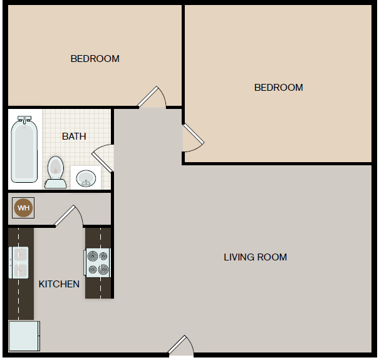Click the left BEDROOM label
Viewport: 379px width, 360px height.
pyautogui.click(x=95, y=59)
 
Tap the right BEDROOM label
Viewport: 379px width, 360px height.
pyautogui.click(x=278, y=88)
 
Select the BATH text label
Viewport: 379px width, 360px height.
pyautogui.click(x=74, y=136)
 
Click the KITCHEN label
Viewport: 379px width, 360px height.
pyautogui.click(x=59, y=284)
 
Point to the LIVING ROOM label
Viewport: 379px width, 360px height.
pyautogui.click(x=256, y=257)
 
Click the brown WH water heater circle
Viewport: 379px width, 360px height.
pyautogui.click(x=23, y=208)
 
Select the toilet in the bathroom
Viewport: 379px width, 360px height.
pyautogui.click(x=55, y=171)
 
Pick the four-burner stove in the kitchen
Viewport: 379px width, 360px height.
pyautogui.click(x=98, y=262)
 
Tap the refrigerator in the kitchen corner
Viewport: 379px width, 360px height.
pyautogui.click(x=24, y=336)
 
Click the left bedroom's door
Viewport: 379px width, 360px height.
pyautogui.click(x=152, y=96)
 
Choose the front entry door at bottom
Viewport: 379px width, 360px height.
pyautogui.click(x=180, y=346)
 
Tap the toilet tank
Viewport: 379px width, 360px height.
pyautogui.click(x=55, y=183)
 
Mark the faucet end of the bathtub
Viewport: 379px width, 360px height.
pyautogui.click(x=24, y=119)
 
